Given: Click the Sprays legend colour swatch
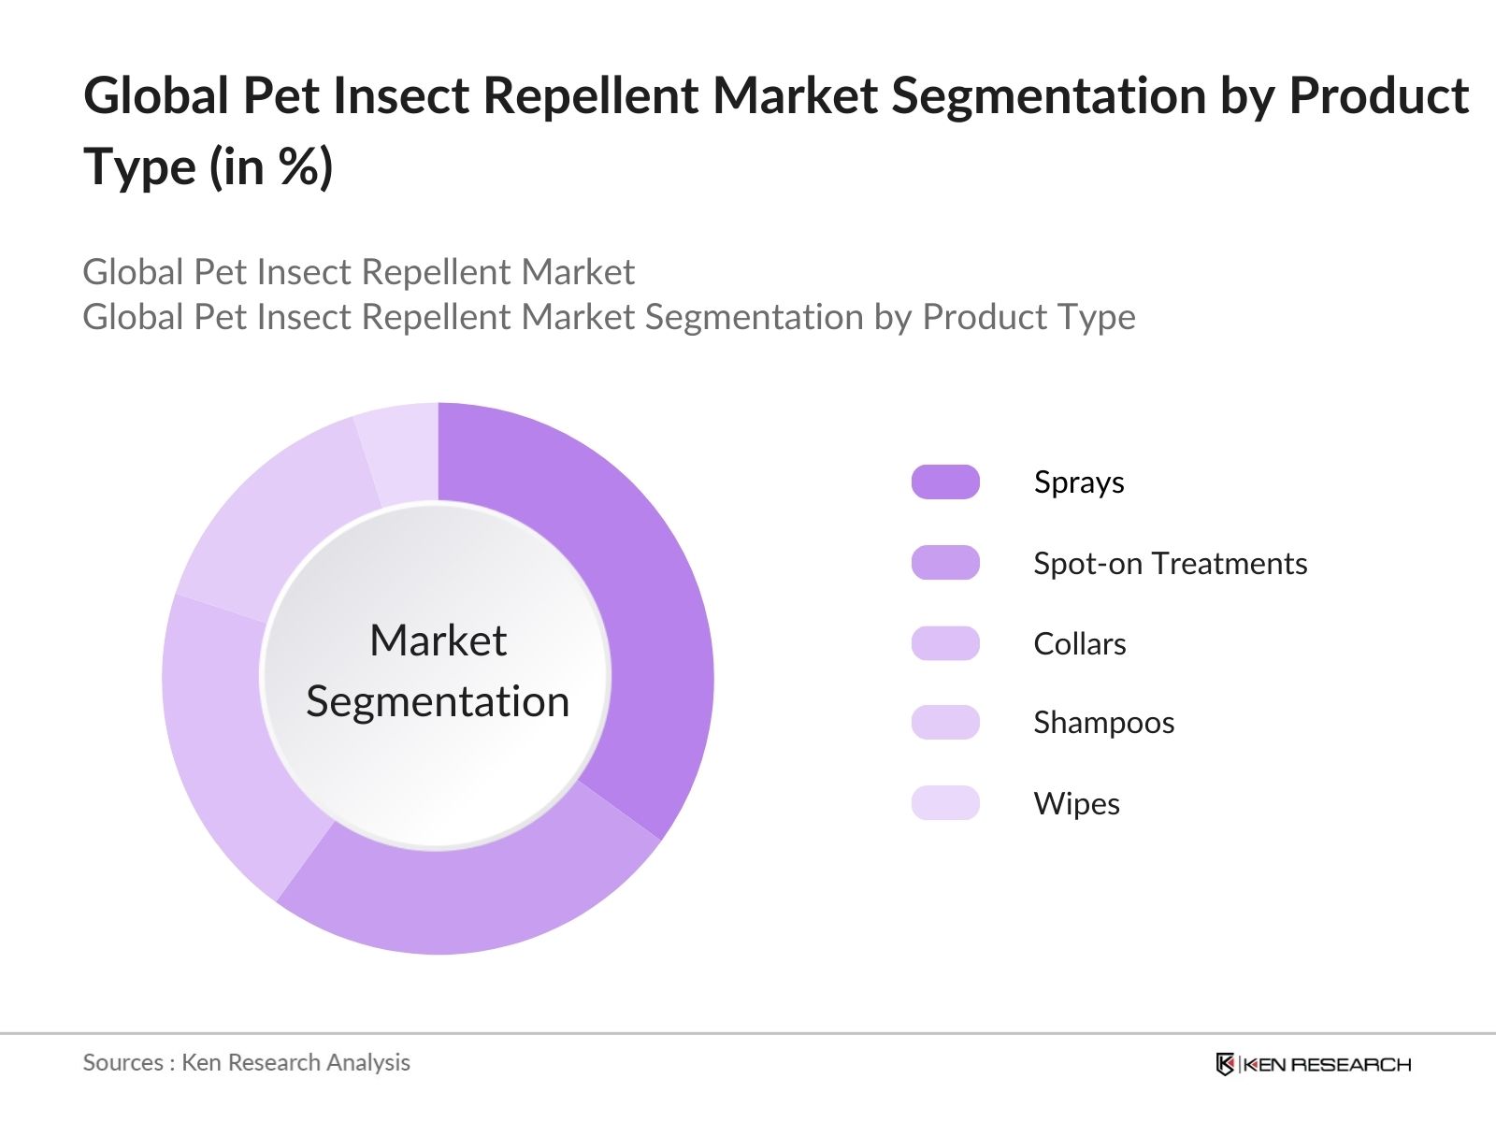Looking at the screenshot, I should coord(945,482).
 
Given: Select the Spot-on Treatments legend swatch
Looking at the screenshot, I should coord(945,563).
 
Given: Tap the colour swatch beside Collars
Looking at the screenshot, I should coord(945,643).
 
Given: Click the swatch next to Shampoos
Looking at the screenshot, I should coord(945,722).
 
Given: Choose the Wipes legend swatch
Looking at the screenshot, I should coord(945,803).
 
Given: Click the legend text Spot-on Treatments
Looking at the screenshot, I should coord(1170,563).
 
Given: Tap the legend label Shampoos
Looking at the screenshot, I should coord(1103,722).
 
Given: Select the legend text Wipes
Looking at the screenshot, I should coord(1076,803).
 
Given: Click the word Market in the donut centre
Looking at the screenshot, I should coord(438,641).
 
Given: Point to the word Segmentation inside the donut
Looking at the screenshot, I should coord(438,701).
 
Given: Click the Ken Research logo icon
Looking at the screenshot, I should coord(1225,1064).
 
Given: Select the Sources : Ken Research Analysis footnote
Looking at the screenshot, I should coord(246,1062).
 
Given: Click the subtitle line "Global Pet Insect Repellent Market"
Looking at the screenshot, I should coord(358,272).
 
